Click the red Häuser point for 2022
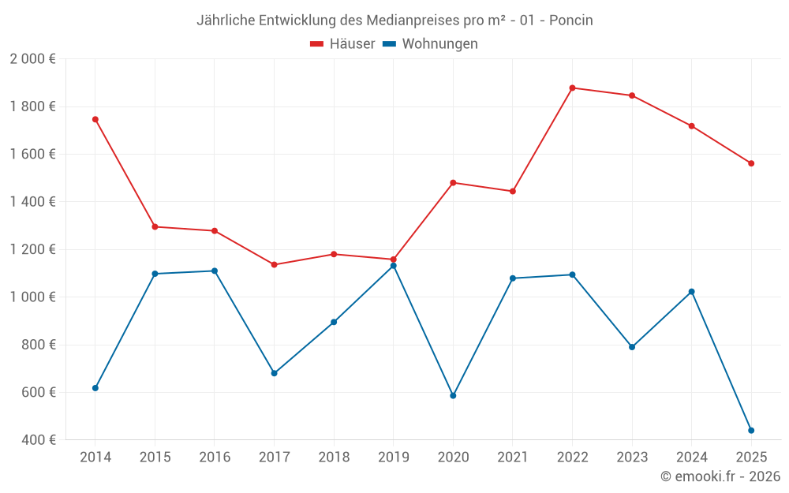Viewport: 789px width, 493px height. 572,88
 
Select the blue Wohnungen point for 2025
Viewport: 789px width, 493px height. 751,431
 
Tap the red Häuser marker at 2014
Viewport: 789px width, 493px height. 95,119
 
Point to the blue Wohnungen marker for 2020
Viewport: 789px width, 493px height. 453,395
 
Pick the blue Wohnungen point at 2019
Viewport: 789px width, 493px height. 393,266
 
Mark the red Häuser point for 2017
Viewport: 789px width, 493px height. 274,265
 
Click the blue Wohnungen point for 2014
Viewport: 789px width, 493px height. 95,388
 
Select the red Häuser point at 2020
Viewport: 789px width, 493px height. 453,183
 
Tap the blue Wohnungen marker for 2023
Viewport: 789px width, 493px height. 632,347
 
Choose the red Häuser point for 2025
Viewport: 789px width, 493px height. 751,163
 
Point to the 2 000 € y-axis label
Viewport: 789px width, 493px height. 32,59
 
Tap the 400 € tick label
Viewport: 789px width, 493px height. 39,440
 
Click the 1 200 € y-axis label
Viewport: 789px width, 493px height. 32,249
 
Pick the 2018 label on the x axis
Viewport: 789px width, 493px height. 334,458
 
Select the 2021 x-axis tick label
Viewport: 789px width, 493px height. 513,458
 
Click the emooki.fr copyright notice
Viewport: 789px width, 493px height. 720,476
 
